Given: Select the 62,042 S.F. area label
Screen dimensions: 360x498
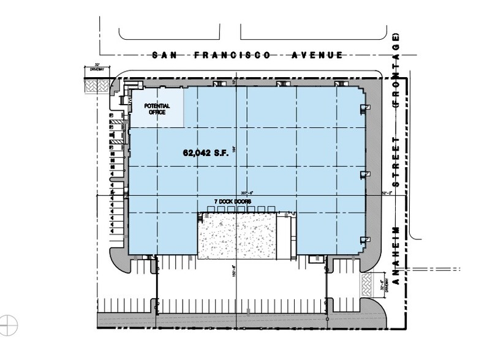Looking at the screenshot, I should [205, 154].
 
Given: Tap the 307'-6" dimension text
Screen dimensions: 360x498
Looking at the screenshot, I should [247, 192].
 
